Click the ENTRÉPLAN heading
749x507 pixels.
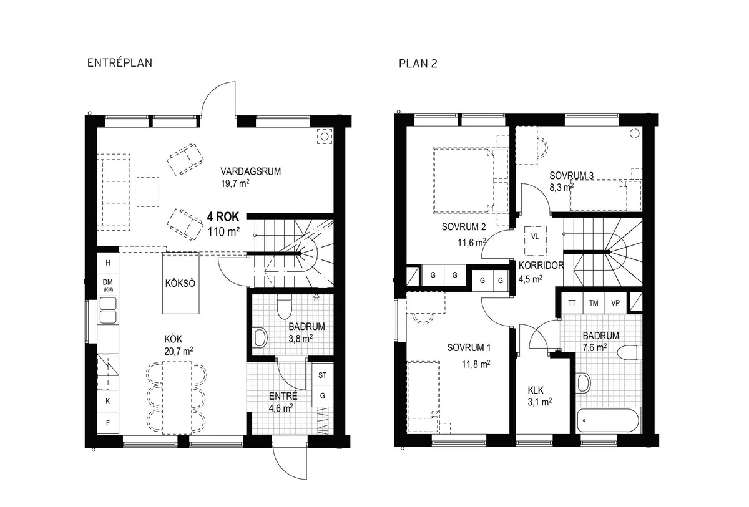point(121,63)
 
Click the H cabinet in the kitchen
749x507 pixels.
point(107,263)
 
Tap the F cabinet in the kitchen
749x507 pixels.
point(107,422)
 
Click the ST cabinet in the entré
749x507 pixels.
point(323,375)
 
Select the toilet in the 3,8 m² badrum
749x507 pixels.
point(284,306)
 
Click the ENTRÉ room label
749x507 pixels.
point(283,396)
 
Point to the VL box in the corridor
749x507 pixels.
point(535,237)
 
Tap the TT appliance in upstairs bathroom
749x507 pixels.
point(571,303)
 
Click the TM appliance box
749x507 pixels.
point(594,303)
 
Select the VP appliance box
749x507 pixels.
point(615,303)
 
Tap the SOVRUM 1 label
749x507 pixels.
point(469,347)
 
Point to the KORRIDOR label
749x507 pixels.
point(541,265)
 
